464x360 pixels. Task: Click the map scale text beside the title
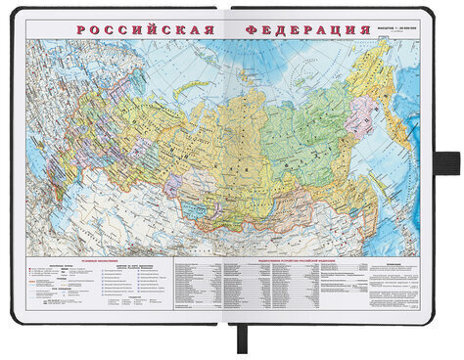(395, 25)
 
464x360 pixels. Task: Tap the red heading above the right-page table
(294, 262)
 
